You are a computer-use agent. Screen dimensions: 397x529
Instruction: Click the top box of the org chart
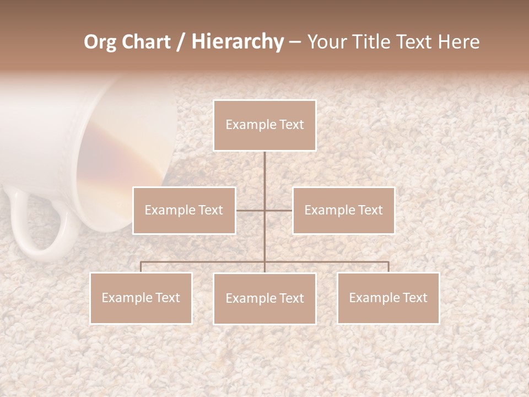(x=264, y=125)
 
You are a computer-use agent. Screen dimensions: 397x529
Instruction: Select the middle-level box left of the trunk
(x=184, y=210)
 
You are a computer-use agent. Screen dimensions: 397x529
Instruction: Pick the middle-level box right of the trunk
(x=343, y=210)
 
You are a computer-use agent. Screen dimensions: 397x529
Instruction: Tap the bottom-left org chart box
(x=141, y=298)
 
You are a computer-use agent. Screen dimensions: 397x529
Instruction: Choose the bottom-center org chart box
(x=264, y=298)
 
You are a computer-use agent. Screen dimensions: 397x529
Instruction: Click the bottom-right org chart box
(x=388, y=298)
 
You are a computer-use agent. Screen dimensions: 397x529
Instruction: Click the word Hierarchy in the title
(x=237, y=42)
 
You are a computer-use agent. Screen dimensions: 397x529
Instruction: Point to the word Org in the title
(x=101, y=42)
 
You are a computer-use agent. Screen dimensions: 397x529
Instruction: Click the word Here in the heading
(x=459, y=42)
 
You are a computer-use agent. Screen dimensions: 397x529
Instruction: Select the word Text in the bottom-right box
(x=414, y=298)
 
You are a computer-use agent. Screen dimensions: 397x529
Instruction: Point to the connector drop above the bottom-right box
(x=388, y=267)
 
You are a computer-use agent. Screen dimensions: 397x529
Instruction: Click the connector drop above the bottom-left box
(x=141, y=267)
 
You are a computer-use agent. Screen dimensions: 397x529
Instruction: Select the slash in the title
(x=181, y=42)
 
